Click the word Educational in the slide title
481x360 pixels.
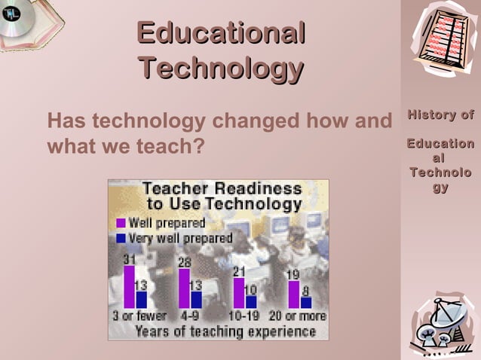coord(221,34)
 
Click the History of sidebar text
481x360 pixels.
coord(441,115)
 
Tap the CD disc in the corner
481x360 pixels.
coord(14,14)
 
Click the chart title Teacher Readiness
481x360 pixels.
coord(222,189)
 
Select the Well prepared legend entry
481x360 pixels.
coord(167,223)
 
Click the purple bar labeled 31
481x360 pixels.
coord(129,287)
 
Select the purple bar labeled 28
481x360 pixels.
coord(184,288)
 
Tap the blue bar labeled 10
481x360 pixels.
coord(251,301)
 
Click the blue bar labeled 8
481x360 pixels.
coord(305,303)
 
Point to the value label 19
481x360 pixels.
coord(293,274)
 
